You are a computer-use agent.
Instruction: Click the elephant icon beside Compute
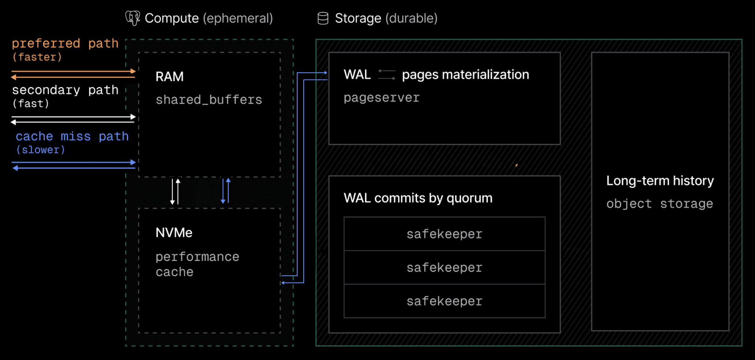(133, 18)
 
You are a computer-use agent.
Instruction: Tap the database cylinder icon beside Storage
(323, 18)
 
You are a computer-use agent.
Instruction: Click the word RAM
(169, 76)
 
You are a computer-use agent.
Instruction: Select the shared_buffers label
(209, 100)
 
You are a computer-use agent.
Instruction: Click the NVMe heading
(174, 233)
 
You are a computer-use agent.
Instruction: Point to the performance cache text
(197, 264)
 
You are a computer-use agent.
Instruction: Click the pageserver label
(381, 98)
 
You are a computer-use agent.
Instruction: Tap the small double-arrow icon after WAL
(387, 74)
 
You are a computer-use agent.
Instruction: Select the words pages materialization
(465, 74)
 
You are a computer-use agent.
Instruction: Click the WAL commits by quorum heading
(418, 198)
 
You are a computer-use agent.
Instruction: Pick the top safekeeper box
(444, 234)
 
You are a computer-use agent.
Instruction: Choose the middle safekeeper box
(444, 268)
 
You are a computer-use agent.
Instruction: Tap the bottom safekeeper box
(444, 301)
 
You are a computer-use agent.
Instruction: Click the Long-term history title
(660, 181)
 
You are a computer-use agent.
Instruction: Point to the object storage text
(659, 204)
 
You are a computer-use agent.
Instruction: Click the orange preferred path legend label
(65, 44)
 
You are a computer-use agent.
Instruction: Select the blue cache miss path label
(72, 137)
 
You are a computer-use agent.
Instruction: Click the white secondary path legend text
(65, 90)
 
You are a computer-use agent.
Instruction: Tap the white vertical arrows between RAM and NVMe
(175, 191)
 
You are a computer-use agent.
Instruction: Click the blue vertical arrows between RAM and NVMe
(226, 191)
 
